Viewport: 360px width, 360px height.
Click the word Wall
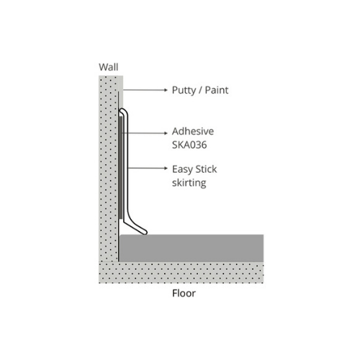pyautogui.click(x=109, y=67)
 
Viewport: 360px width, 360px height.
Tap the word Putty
pyautogui.click(x=184, y=90)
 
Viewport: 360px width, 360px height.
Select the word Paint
pyautogui.click(x=217, y=90)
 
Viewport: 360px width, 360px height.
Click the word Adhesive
pyautogui.click(x=193, y=131)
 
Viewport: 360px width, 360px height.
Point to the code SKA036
pyautogui.click(x=189, y=145)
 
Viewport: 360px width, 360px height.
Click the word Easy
pyautogui.click(x=182, y=170)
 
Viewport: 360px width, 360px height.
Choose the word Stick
pyautogui.click(x=206, y=169)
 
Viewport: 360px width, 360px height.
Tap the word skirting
pyautogui.click(x=189, y=183)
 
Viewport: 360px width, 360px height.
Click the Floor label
pyautogui.click(x=184, y=293)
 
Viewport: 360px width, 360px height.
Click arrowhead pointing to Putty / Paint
pyautogui.click(x=166, y=90)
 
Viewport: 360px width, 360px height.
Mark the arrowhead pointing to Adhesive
pyautogui.click(x=166, y=133)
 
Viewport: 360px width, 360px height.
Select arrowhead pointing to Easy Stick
pyautogui.click(x=166, y=168)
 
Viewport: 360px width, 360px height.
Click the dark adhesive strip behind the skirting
pyautogui.click(x=120, y=168)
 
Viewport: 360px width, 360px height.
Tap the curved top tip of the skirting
pyautogui.click(x=122, y=110)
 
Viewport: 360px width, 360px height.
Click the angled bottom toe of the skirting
pyautogui.click(x=143, y=232)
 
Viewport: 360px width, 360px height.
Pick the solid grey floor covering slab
pyautogui.click(x=192, y=248)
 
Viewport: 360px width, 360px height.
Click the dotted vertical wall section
pyautogui.click(x=109, y=168)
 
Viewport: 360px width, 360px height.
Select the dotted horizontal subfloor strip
pyautogui.click(x=181, y=273)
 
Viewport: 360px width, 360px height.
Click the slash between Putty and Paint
pyautogui.click(x=201, y=90)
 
